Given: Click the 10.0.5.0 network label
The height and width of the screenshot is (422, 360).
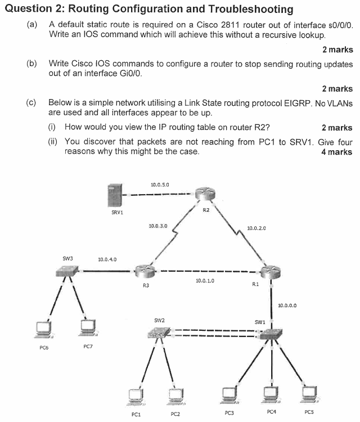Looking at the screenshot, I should coord(160,185).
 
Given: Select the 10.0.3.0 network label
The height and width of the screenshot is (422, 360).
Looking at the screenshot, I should coord(158,226).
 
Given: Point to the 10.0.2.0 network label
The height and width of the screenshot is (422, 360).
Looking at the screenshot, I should coord(256,228).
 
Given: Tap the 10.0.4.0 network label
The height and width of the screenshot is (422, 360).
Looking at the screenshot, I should coord(107,260).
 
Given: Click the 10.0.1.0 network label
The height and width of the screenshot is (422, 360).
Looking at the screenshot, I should coord(205,280).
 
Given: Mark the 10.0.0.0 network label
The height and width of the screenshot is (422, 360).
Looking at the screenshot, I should coord(287,306).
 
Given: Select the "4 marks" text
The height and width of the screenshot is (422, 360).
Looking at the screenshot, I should coord(336,152).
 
